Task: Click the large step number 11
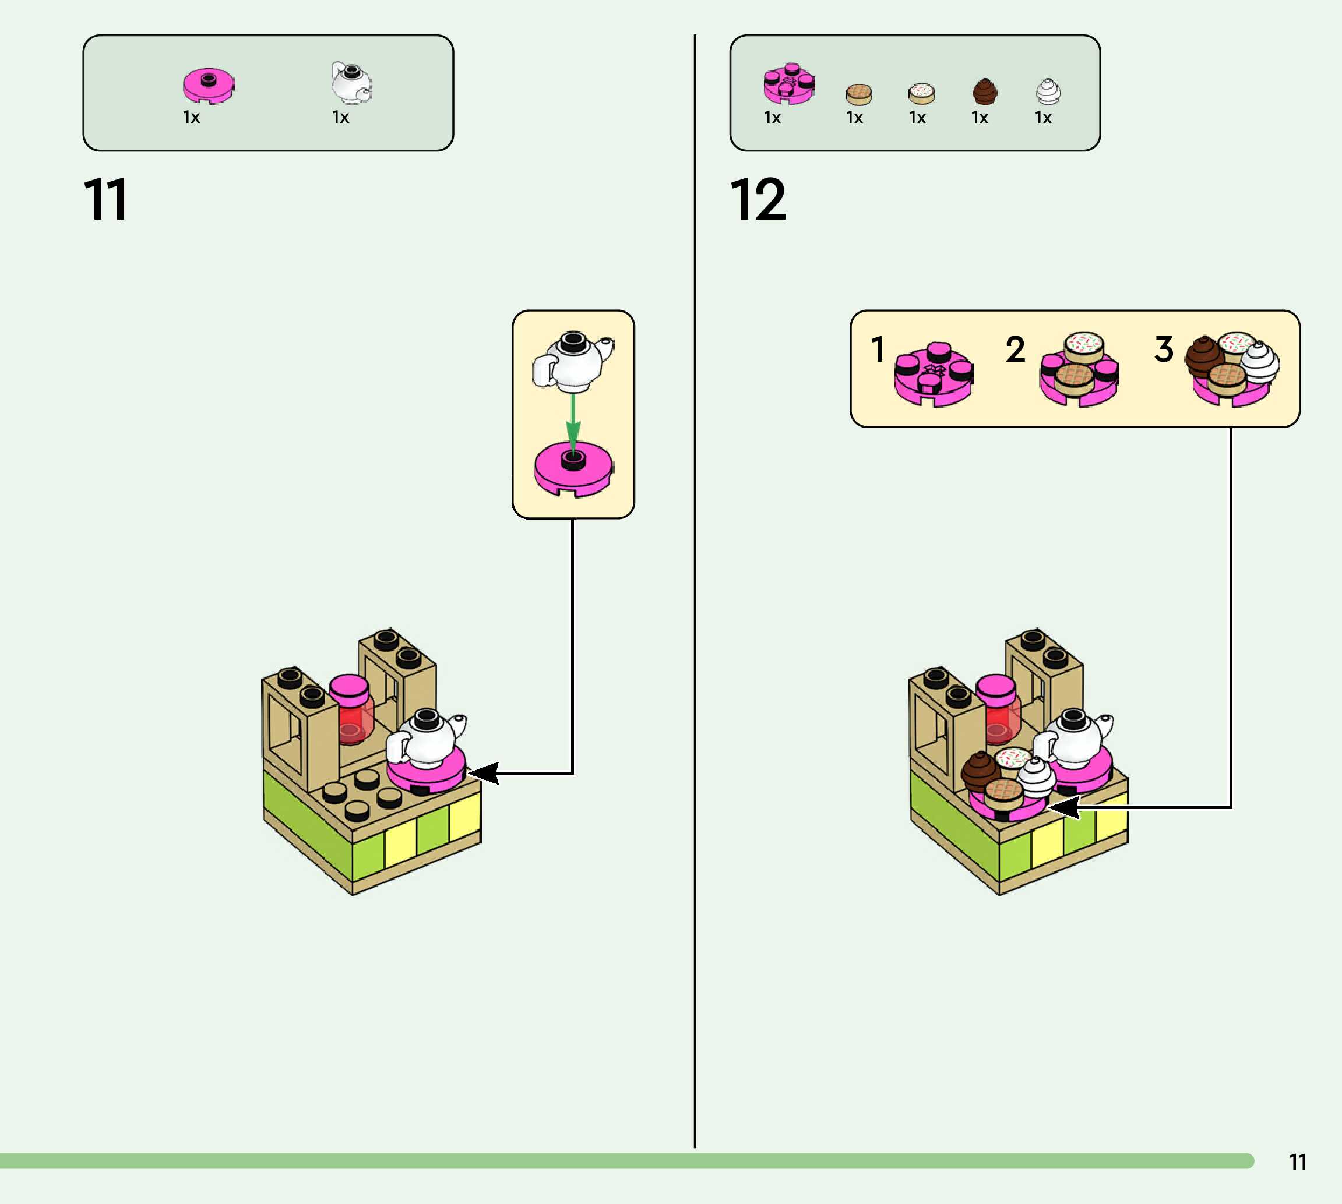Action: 105,199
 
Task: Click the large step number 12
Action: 758,199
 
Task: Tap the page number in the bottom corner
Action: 1298,1162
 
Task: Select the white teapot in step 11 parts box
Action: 351,83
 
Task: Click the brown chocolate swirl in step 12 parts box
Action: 985,91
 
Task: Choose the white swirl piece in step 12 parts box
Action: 1048,92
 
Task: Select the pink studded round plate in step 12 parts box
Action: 789,84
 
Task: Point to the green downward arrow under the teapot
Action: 573,421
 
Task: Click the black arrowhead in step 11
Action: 484,773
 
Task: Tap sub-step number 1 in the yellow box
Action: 878,349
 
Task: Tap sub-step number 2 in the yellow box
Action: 1015,349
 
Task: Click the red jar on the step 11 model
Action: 352,718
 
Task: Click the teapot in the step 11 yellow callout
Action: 573,361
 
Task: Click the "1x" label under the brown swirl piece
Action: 980,118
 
